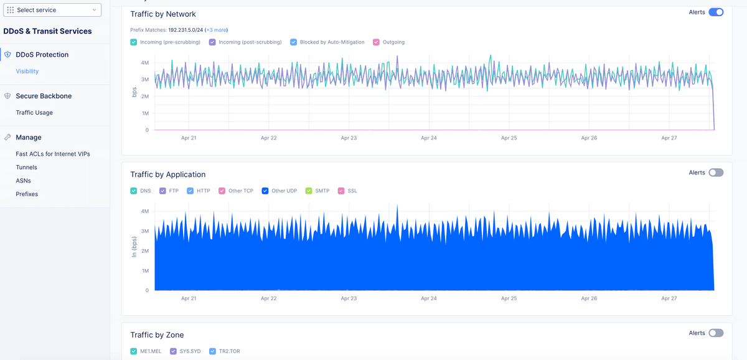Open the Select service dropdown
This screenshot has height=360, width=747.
52,10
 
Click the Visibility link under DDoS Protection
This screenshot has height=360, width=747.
27,72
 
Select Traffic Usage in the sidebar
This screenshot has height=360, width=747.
34,113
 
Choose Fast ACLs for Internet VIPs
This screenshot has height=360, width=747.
53,154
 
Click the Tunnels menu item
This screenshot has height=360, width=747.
27,168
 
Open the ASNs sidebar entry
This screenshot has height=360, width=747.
23,181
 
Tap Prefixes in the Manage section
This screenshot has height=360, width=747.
27,194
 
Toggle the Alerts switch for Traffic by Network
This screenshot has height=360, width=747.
716,12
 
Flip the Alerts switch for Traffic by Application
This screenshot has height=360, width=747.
716,173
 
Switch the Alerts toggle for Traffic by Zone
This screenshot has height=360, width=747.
716,333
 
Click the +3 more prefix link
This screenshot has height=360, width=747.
217,30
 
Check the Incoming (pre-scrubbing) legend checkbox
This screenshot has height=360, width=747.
134,42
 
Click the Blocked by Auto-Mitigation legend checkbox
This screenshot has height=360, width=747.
294,42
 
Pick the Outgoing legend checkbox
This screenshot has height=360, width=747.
376,42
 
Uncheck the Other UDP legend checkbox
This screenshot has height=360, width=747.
265,191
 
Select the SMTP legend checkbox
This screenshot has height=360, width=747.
309,191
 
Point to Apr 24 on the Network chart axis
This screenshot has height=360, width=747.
429,138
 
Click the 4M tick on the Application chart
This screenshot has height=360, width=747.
144,211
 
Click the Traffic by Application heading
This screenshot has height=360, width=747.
168,174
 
